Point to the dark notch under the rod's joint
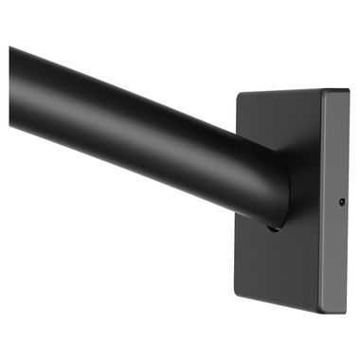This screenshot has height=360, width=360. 272,228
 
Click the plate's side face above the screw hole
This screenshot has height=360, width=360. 337,142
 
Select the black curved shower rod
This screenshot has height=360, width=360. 142,123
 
